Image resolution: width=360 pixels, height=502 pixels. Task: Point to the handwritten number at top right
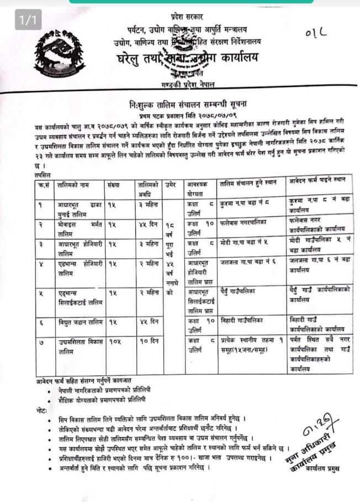click(x=316, y=34)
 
